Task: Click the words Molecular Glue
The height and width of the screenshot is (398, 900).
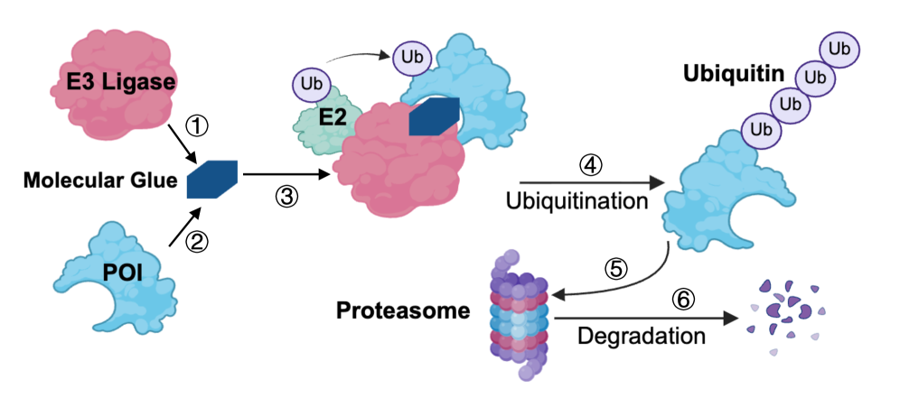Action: click(x=100, y=181)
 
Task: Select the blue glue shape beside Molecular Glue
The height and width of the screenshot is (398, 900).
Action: click(x=212, y=179)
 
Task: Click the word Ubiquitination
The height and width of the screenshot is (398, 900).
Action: click(x=577, y=201)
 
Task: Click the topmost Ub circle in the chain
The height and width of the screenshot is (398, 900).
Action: click(x=839, y=50)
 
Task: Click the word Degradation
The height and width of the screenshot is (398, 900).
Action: click(x=642, y=336)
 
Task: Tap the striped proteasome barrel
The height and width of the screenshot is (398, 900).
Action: click(x=520, y=314)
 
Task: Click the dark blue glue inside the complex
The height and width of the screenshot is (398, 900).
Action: click(x=435, y=116)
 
